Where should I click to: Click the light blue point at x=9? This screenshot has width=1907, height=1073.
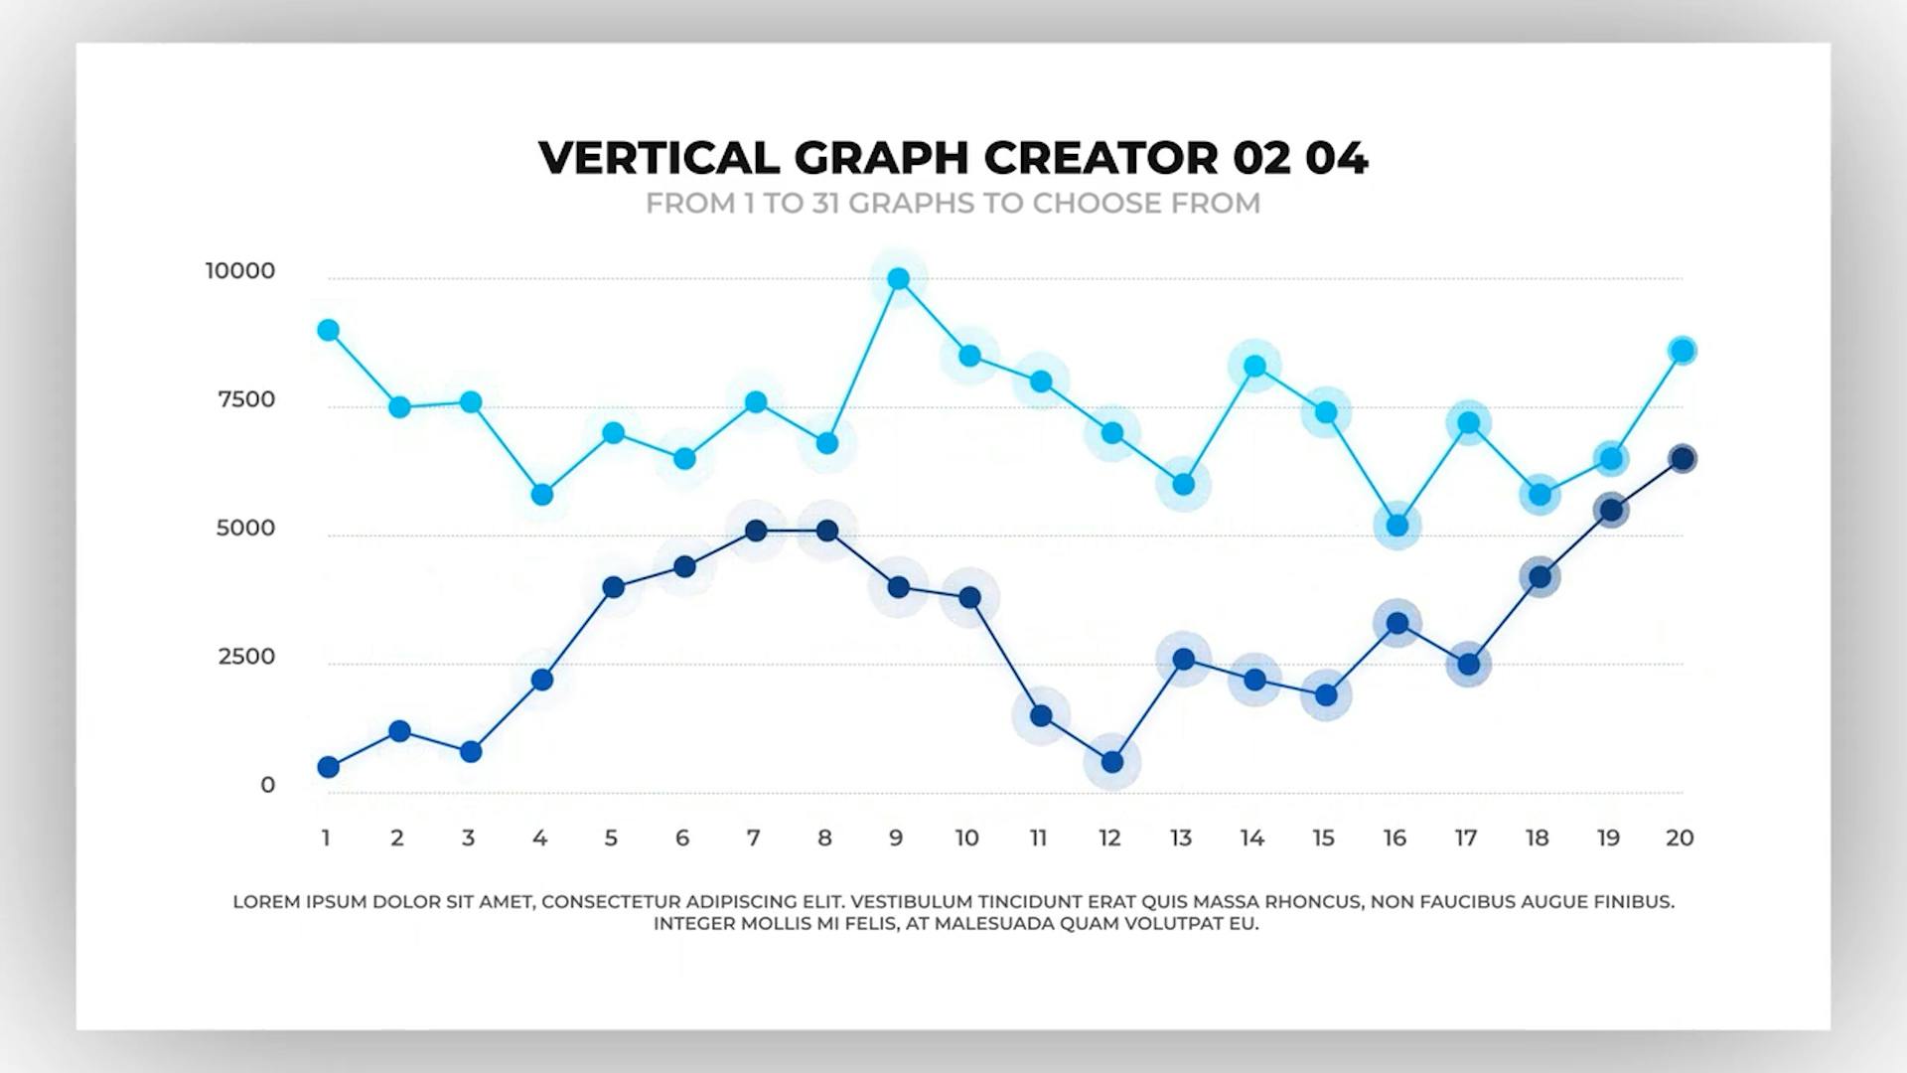click(898, 279)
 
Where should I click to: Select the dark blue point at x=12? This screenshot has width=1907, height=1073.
click(1112, 762)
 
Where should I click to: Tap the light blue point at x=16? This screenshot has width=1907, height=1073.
click(1397, 526)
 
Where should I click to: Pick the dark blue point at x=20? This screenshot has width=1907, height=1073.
click(1682, 459)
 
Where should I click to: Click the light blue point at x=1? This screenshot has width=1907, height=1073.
click(329, 330)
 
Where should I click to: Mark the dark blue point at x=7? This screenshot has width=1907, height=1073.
click(756, 531)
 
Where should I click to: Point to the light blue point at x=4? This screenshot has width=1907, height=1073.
click(542, 495)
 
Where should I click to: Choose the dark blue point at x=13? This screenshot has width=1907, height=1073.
click(1183, 660)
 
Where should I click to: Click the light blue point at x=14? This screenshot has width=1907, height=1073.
click(1254, 367)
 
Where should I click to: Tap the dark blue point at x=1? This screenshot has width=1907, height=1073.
click(329, 767)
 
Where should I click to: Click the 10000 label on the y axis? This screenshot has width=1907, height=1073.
click(240, 271)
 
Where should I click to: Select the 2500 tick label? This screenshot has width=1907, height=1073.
click(246, 657)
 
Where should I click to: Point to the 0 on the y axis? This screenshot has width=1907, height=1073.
click(267, 785)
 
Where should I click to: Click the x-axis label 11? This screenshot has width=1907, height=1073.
click(1039, 839)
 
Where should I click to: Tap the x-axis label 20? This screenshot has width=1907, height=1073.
click(1680, 839)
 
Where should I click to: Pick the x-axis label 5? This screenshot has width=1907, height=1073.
click(611, 839)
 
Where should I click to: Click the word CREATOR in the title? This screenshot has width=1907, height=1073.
click(1100, 158)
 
